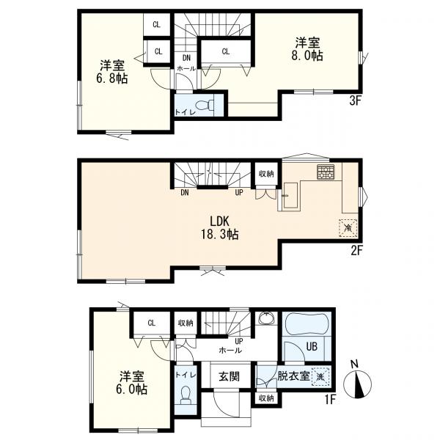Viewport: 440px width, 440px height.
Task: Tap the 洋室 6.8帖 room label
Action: click(x=112, y=72)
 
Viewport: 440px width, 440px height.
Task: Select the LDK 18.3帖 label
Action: click(x=220, y=228)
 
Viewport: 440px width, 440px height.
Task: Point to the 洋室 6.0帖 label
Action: click(x=131, y=383)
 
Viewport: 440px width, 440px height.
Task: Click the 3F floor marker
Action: click(x=355, y=101)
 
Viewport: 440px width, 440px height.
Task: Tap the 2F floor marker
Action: click(x=356, y=251)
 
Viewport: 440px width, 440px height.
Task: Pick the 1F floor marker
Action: click(x=330, y=400)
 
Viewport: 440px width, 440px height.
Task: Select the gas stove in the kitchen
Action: click(x=326, y=172)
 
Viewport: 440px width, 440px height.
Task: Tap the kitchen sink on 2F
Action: click(x=290, y=195)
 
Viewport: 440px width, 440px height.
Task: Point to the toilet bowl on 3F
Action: click(x=205, y=106)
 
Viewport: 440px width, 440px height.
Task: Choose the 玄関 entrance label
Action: click(x=230, y=376)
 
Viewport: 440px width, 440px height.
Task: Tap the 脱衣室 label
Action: click(x=293, y=376)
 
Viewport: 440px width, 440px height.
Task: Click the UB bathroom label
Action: click(x=312, y=347)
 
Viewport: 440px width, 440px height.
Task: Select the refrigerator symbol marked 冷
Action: click(x=348, y=228)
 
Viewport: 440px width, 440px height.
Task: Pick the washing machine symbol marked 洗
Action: click(x=320, y=377)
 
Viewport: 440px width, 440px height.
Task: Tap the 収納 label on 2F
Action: click(x=266, y=174)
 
